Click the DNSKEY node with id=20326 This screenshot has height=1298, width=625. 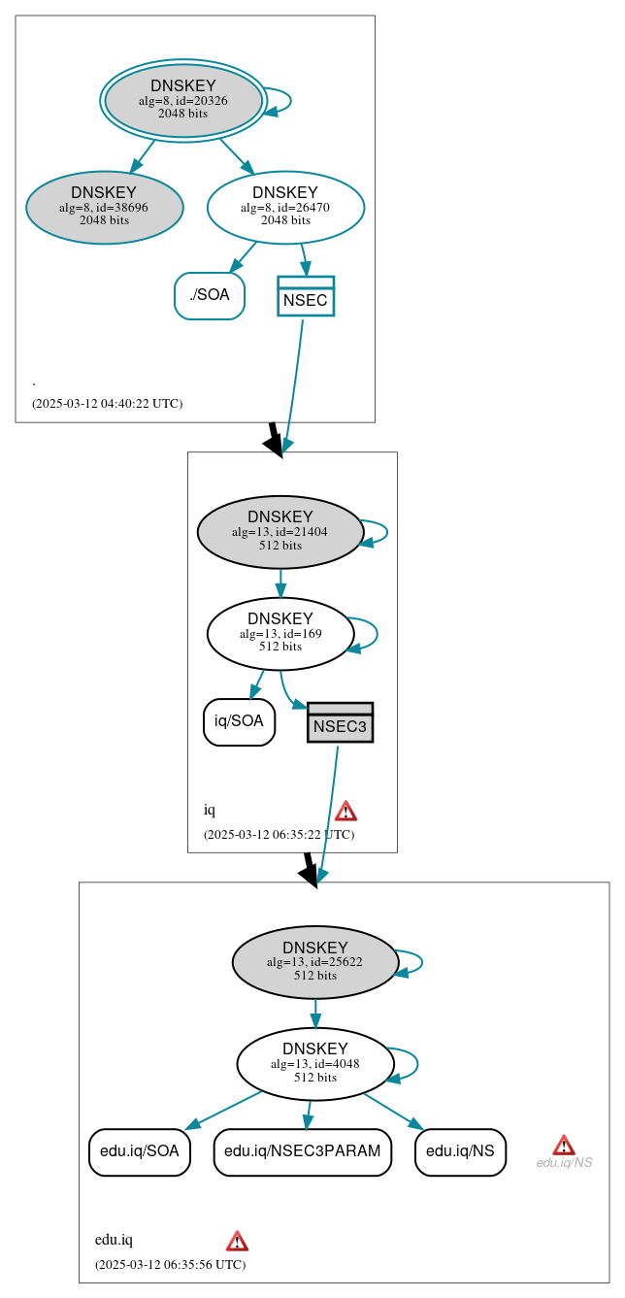tap(183, 100)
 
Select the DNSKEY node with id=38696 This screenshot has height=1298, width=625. tap(104, 207)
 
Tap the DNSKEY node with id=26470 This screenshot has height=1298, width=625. tap(285, 207)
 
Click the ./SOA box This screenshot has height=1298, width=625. tap(209, 295)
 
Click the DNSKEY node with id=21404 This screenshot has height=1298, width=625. tap(280, 531)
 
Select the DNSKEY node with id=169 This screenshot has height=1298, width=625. tap(280, 633)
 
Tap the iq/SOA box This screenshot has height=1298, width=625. tap(239, 721)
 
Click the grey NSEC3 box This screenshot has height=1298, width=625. tap(340, 722)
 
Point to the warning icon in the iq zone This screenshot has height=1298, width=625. tap(345, 811)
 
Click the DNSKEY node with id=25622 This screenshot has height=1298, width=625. tap(315, 962)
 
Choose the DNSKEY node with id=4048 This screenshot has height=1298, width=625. tap(315, 1063)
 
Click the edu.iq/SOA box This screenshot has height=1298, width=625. tap(139, 1151)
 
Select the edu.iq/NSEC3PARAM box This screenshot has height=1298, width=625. tap(303, 1151)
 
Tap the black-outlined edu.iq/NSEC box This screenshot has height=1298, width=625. tap(460, 1151)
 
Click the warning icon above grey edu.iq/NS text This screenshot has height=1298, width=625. tap(564, 1145)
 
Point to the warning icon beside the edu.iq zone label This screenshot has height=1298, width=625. tap(237, 1241)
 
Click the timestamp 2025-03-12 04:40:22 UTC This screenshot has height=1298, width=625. tap(107, 404)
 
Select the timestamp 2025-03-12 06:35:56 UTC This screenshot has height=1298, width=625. tap(170, 1265)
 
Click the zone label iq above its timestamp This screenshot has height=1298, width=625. tap(210, 811)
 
